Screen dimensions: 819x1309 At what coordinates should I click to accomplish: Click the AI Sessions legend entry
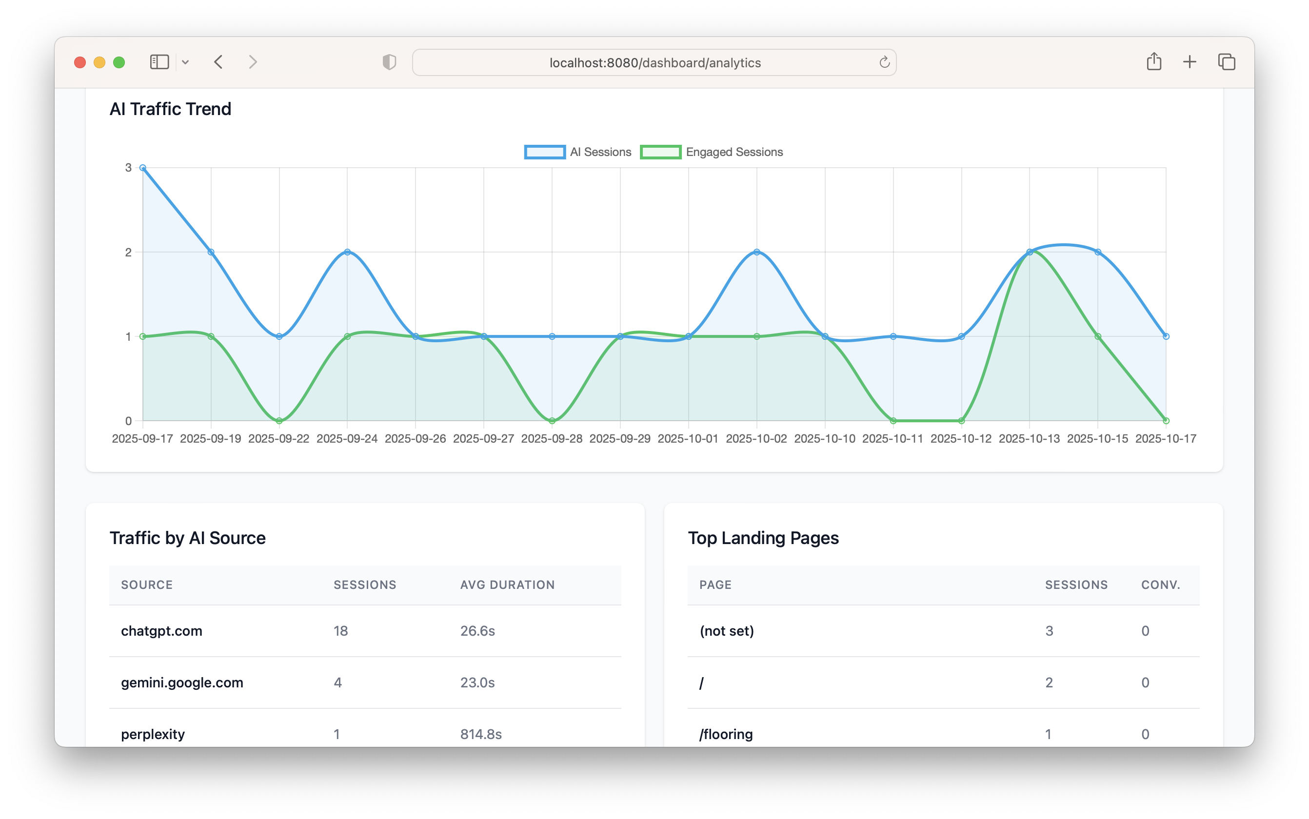pos(578,152)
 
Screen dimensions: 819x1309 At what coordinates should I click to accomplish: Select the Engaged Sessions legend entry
pos(712,152)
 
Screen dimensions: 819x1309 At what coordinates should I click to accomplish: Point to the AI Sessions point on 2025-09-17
pos(143,168)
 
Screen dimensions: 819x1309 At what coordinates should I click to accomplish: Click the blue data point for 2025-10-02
pos(757,252)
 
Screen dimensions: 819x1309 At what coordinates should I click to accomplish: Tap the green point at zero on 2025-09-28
pos(552,421)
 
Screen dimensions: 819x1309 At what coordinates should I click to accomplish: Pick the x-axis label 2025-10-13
pos(1029,439)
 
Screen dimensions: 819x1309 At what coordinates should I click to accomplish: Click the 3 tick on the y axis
pos(128,168)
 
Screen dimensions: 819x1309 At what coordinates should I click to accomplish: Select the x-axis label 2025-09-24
pos(347,439)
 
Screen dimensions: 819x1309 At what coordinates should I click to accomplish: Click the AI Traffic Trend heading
pos(170,109)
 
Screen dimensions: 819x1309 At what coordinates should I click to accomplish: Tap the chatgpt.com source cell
pos(161,631)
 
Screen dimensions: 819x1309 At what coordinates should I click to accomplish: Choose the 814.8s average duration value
pos(480,734)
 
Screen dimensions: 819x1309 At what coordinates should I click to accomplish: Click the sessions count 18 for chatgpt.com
pos(341,631)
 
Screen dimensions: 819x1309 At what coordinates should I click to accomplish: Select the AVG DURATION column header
pos(507,585)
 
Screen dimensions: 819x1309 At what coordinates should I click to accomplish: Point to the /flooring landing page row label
pos(726,734)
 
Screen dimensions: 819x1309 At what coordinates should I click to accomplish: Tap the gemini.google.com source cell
pos(182,682)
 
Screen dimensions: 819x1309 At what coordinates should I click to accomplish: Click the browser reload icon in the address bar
pos(884,62)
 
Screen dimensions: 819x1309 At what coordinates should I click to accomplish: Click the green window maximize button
pos(119,62)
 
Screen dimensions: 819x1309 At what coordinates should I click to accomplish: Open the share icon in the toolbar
pos(1154,62)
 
